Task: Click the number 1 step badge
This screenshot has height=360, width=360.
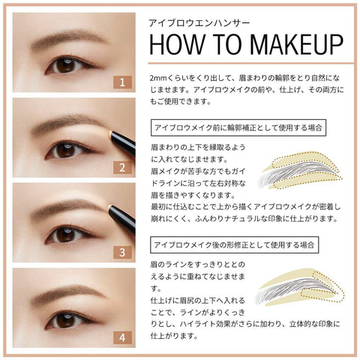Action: coord(122,82)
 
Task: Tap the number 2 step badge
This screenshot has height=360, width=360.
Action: coord(122,167)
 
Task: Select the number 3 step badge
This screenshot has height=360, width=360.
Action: coord(122,252)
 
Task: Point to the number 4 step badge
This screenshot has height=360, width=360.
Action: coord(122,337)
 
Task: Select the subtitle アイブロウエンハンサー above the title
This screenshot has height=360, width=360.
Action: coord(199,23)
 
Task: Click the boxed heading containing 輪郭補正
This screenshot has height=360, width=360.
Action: coord(238,127)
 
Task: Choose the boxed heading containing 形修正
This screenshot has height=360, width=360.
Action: coord(235,244)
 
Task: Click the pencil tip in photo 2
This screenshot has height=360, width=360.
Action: coord(110,133)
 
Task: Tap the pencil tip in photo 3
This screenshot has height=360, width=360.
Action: coord(109,208)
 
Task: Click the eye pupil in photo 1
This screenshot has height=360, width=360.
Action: coord(65,65)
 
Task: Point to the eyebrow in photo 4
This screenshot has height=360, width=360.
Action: coord(67,292)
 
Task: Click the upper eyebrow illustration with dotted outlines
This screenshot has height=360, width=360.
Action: coord(301,170)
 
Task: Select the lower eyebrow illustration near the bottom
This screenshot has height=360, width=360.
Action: coord(300,287)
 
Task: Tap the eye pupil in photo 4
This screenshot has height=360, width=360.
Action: coord(65,321)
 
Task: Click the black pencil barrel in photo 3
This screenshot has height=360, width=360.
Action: coord(123,219)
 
